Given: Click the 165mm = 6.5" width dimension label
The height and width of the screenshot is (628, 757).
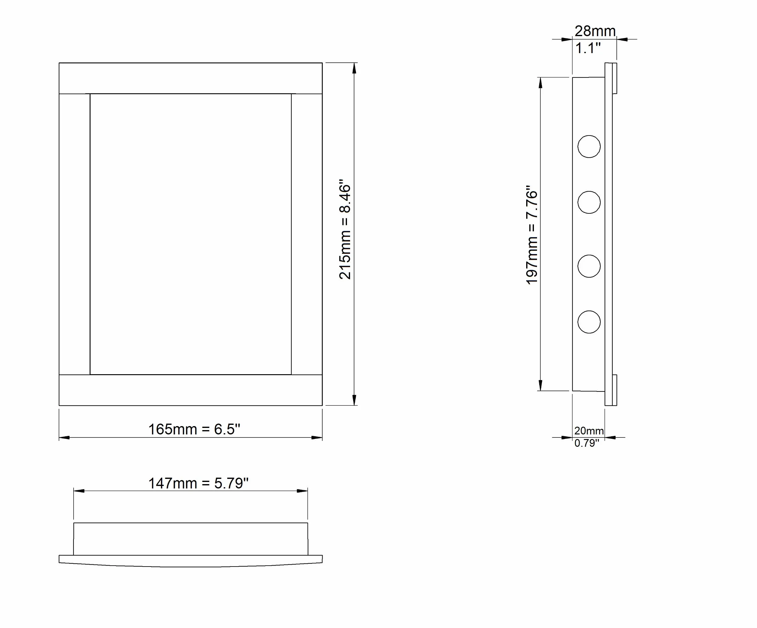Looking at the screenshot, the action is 194,429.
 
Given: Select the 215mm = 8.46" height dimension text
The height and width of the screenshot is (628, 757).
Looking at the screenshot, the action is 345,232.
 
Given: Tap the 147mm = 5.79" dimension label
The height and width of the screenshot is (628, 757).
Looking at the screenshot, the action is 199,483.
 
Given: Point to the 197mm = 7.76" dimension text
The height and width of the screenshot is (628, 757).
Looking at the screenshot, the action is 532,235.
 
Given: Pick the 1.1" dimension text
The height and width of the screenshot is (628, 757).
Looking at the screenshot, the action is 588,48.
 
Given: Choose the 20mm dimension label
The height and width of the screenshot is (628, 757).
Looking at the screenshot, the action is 589,431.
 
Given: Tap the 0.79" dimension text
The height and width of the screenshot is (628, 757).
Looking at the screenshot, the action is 586,443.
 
